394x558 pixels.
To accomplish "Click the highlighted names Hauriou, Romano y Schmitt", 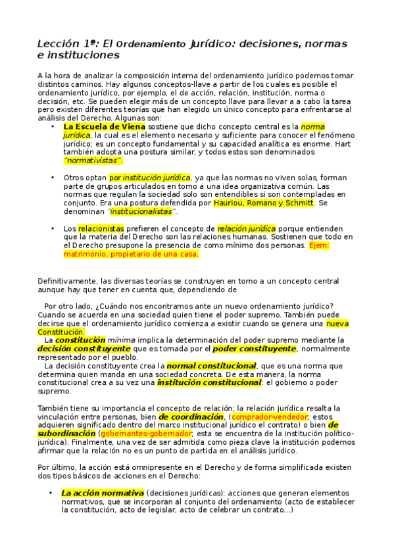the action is coord(259,203).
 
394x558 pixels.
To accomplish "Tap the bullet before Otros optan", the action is coord(53,178).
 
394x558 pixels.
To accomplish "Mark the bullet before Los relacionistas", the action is coord(53,228).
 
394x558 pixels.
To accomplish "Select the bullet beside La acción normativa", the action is coord(51,492).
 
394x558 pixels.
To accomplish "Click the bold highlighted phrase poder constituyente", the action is coord(254,349).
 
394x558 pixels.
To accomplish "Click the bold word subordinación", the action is coord(66,434).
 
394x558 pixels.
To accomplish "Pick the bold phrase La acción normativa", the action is coord(102,492).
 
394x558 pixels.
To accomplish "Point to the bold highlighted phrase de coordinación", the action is coord(191,417).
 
